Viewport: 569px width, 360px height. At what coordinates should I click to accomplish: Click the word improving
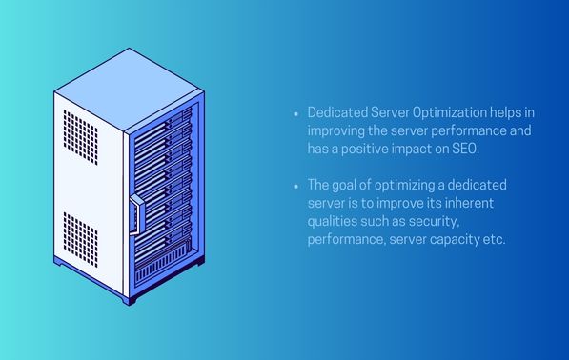pos(337,130)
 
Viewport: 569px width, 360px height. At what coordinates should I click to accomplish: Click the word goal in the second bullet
pos(352,184)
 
